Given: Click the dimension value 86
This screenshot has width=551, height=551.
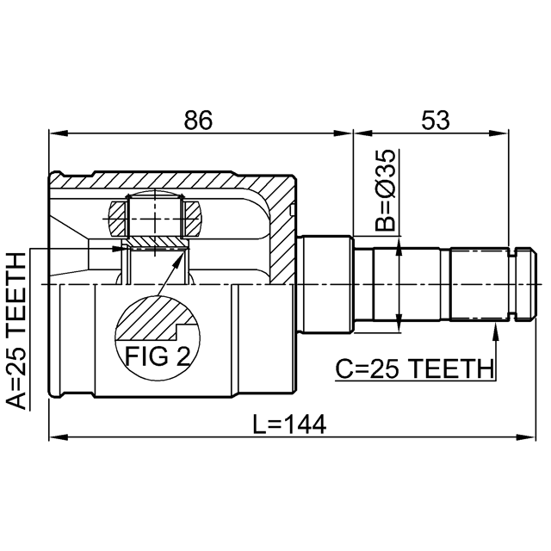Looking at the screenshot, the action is click(199, 121).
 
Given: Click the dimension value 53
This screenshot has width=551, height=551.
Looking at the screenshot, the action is click(436, 121).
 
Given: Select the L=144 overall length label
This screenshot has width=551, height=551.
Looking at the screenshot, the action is click(289, 424).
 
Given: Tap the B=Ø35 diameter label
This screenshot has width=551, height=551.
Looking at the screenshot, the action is click(385, 190).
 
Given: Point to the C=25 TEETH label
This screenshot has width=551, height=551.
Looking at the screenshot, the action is click(414, 369).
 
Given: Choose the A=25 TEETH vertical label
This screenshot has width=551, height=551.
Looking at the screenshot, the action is click(16, 331).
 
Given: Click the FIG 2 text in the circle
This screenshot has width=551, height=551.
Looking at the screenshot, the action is click(158, 356).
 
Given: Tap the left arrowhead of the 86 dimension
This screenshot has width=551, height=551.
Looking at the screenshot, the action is click(59, 133).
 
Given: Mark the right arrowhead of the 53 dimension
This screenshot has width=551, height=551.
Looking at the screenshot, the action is click(499, 133).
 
